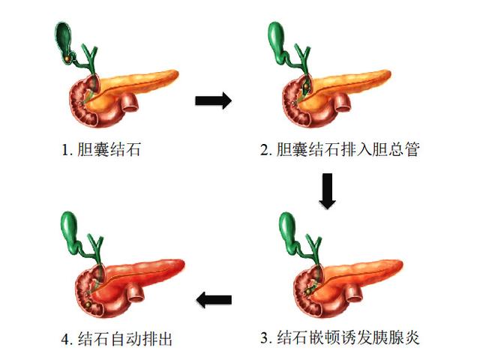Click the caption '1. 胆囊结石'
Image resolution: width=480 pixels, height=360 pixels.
click(x=101, y=150)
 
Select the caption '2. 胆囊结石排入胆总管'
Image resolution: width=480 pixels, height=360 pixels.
click(x=340, y=149)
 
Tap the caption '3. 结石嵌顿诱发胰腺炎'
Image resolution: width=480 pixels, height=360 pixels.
click(x=340, y=338)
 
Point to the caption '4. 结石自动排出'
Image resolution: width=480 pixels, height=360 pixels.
click(x=117, y=339)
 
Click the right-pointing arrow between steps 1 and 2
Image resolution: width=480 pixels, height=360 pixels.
click(x=213, y=100)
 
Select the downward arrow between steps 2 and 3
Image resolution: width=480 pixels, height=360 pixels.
click(x=328, y=191)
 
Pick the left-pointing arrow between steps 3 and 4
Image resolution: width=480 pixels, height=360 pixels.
click(x=214, y=300)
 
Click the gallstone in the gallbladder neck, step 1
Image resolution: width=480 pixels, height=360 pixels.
click(x=67, y=58)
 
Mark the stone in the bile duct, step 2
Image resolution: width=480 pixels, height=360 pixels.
click(x=305, y=87)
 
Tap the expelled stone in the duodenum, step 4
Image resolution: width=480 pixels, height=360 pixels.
click(x=88, y=304)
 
